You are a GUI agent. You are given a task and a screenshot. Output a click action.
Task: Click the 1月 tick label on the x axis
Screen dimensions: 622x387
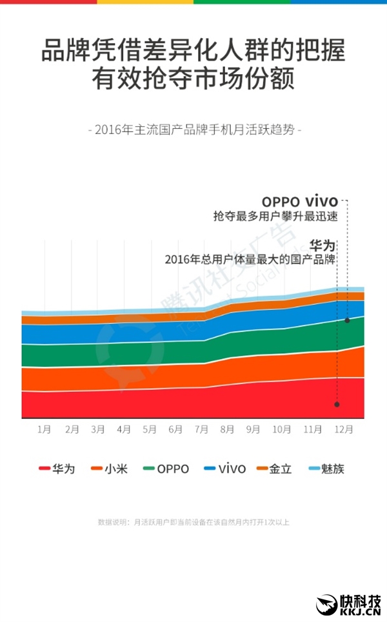45,429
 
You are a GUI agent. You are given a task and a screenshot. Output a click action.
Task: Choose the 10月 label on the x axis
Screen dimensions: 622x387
281,429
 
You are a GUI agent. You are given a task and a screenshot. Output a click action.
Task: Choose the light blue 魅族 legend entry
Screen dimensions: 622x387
325,469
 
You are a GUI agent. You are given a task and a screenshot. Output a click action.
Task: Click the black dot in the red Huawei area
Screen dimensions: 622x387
337,405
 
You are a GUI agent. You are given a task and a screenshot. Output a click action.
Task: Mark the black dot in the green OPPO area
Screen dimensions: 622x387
347,320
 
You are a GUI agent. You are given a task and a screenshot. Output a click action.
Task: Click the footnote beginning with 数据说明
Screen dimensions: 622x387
193,522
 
